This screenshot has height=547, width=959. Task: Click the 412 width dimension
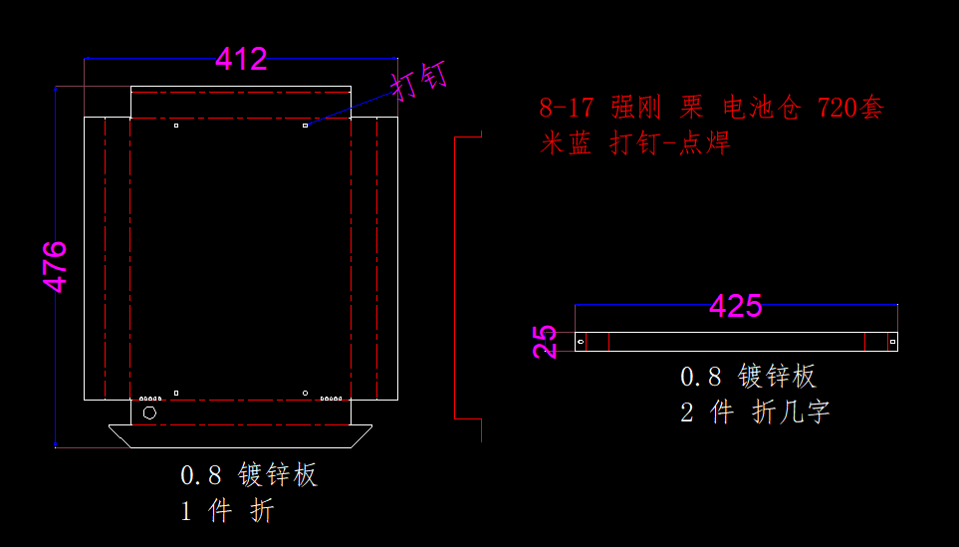pos(241,60)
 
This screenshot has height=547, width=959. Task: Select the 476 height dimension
pos(56,266)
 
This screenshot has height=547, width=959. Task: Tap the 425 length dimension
pos(735,306)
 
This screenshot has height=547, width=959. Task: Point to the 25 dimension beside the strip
pos(545,342)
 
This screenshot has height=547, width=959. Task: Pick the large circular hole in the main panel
pos(150,411)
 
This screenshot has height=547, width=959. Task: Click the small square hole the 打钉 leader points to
pos(306,126)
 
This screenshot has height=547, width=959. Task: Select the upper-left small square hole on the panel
pos(175,126)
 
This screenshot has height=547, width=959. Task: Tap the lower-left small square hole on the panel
pos(175,394)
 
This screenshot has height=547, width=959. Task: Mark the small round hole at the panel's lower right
pos(306,394)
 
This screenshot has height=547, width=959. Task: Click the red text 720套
pos(849,108)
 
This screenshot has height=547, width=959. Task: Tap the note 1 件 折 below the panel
pos(227,511)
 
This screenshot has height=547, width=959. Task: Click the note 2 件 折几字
pos(755,411)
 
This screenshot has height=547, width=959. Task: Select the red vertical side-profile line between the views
pos(455,279)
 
